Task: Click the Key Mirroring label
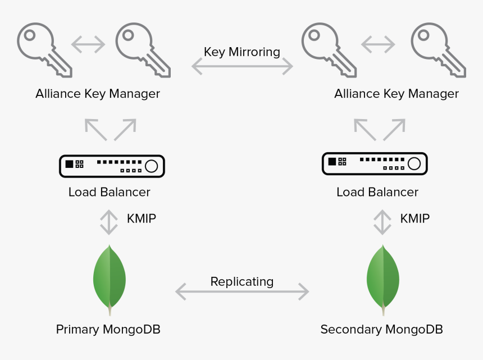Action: [241, 52]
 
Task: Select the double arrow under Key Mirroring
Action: [242, 67]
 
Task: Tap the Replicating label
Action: [241, 281]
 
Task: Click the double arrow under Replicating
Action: [242, 291]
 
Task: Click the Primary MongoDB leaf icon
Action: [110, 278]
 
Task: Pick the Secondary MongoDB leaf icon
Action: [383, 278]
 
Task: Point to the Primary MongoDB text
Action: [108, 329]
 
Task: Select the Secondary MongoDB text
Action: [381, 329]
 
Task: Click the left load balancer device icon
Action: [112, 165]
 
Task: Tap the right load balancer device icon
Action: [375, 163]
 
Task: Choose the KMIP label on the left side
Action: [141, 218]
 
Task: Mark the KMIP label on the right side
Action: [414, 218]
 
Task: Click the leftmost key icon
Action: [44, 49]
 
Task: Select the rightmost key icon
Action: [438, 49]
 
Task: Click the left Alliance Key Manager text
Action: [98, 94]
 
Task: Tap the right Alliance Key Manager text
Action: [397, 94]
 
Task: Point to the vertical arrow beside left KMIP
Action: [108, 222]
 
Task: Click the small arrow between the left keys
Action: [88, 44]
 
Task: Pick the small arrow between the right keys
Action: [378, 44]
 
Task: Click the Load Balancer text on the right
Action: [377, 192]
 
